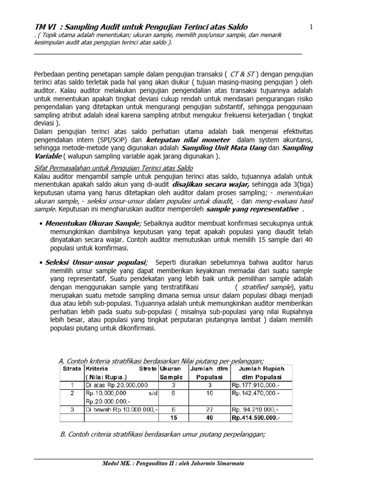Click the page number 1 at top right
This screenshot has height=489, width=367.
311,27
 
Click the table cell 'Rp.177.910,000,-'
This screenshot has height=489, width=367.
256,385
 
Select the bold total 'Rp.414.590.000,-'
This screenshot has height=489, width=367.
256,417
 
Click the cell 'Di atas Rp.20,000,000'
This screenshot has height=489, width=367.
117,385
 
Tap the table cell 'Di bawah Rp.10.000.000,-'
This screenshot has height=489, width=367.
120,409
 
